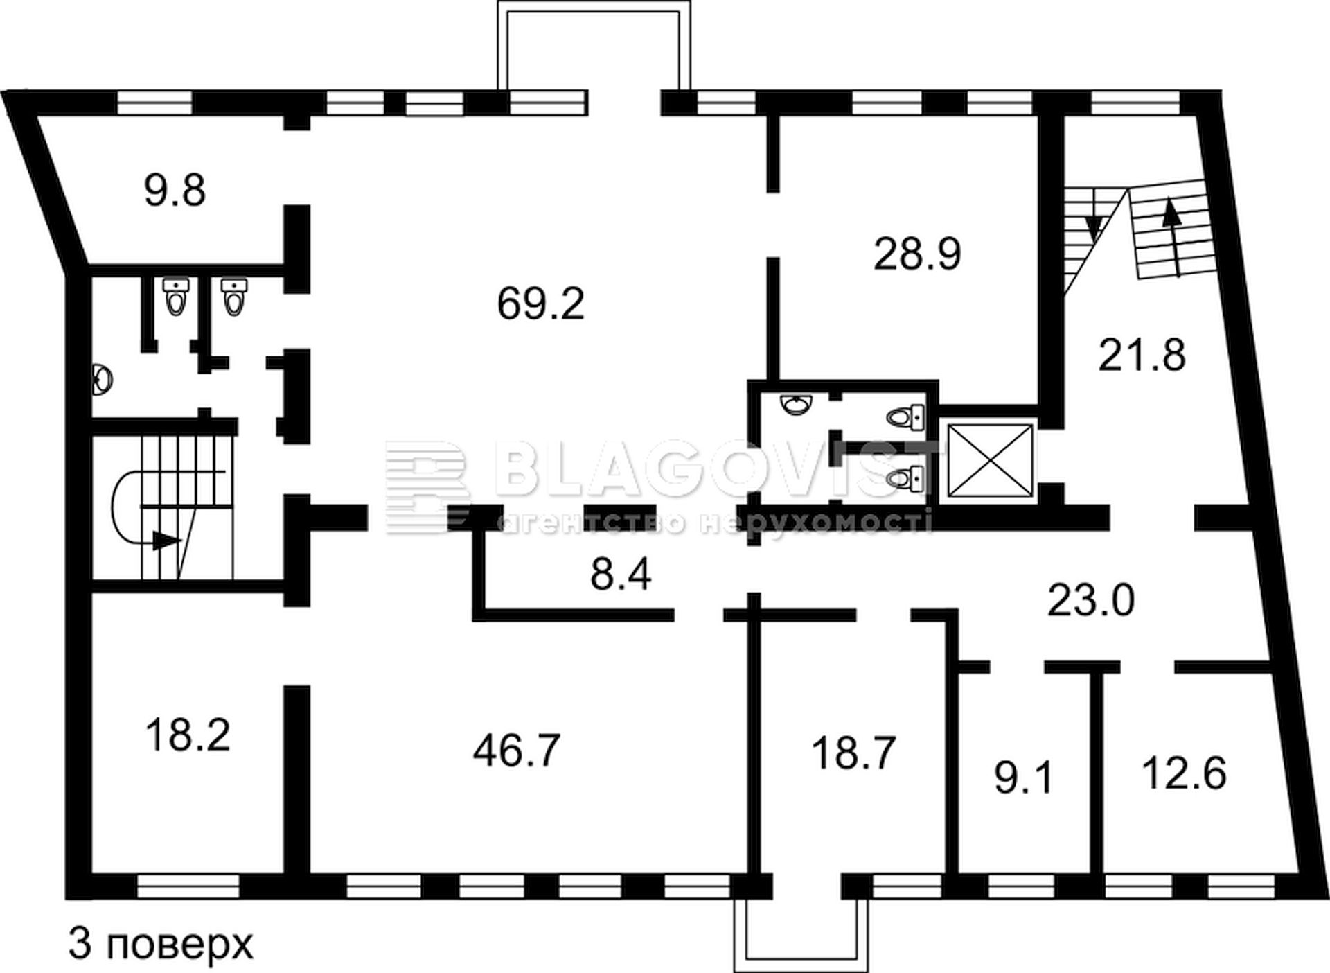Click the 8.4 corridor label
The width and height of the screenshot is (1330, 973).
click(621, 575)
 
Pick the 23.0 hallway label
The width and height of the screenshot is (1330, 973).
click(1091, 600)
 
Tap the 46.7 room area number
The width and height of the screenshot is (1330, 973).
click(517, 750)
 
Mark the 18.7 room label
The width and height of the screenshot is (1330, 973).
click(854, 753)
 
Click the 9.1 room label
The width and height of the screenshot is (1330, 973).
click(1024, 778)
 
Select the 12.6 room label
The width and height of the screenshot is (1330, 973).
click(1184, 773)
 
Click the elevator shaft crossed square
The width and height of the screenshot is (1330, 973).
click(989, 462)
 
